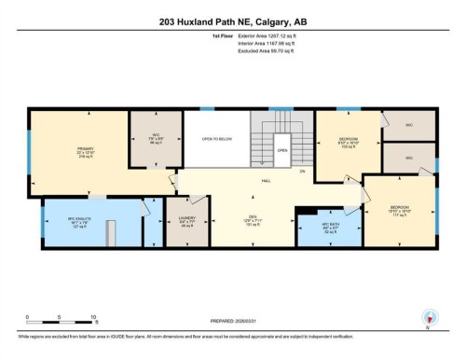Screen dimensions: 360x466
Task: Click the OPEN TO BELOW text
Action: (215, 139)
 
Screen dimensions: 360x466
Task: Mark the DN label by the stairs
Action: (301, 172)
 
